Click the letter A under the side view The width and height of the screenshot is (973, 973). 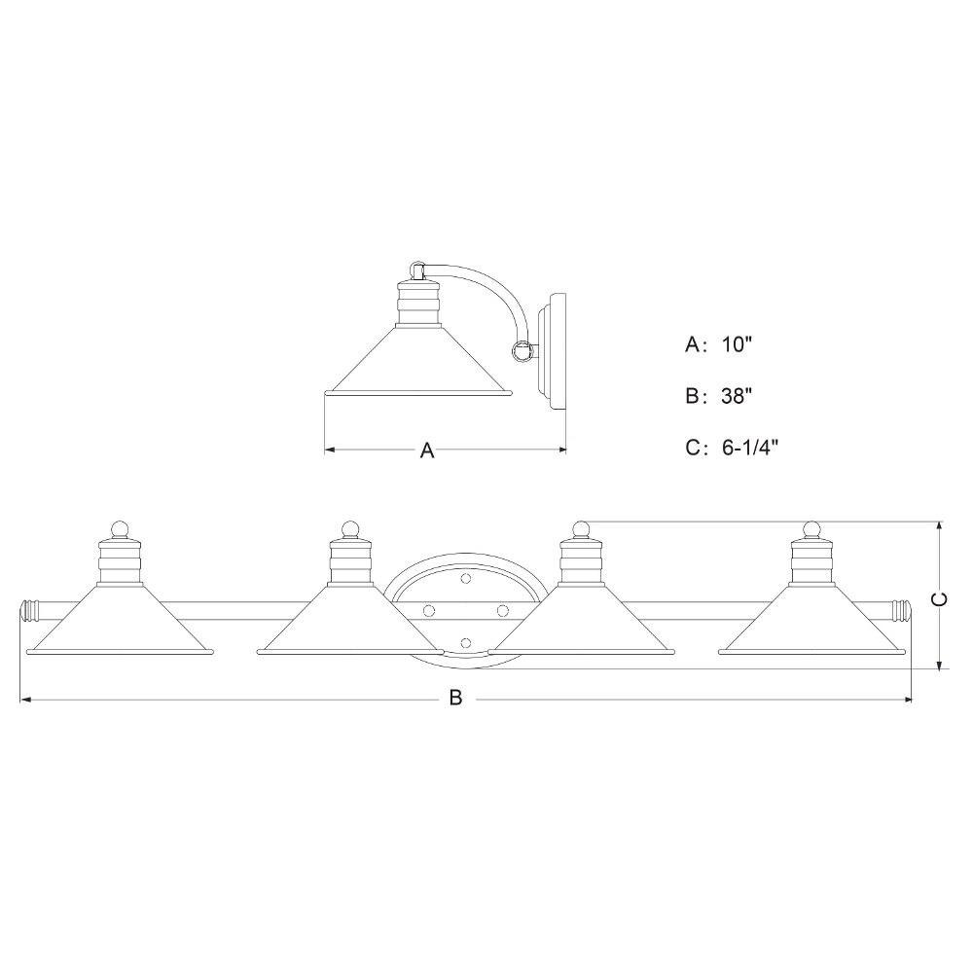427,450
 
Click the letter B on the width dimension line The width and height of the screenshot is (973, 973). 456,698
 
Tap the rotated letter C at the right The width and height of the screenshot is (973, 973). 941,599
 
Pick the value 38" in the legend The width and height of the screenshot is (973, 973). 738,395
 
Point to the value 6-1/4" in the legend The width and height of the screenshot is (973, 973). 750,447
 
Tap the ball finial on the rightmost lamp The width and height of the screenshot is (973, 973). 811,529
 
